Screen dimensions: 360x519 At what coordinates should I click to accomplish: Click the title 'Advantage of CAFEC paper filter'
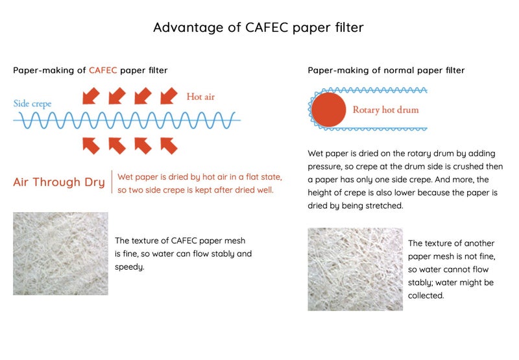(x=258, y=27)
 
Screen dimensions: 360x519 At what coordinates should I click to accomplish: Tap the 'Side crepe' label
(x=32, y=104)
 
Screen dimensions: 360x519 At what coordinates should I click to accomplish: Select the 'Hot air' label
(x=200, y=97)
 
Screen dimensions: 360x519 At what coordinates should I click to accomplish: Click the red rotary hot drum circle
(x=328, y=110)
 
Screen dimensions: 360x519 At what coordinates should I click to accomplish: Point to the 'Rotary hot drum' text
(x=385, y=110)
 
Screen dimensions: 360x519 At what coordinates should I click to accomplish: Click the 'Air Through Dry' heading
(x=59, y=182)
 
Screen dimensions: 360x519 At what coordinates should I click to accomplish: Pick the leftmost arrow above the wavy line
(x=91, y=96)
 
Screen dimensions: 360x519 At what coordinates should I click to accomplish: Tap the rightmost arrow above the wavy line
(x=167, y=96)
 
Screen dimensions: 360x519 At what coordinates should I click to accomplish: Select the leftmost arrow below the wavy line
(x=91, y=146)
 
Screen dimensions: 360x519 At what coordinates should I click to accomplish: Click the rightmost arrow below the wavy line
(x=168, y=146)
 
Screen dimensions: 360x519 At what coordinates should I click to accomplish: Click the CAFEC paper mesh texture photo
(x=60, y=254)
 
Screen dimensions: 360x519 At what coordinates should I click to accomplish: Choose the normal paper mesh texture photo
(x=355, y=269)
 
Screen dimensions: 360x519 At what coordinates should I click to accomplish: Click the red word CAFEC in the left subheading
(x=103, y=70)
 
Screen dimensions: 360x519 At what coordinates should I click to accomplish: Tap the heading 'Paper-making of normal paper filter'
(x=386, y=70)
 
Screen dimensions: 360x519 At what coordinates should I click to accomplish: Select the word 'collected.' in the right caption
(x=426, y=295)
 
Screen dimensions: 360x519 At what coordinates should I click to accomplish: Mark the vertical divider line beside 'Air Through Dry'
(x=112, y=182)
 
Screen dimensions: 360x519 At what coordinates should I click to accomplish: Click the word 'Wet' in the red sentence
(x=126, y=176)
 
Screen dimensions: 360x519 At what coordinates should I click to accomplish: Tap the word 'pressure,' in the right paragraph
(x=328, y=167)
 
